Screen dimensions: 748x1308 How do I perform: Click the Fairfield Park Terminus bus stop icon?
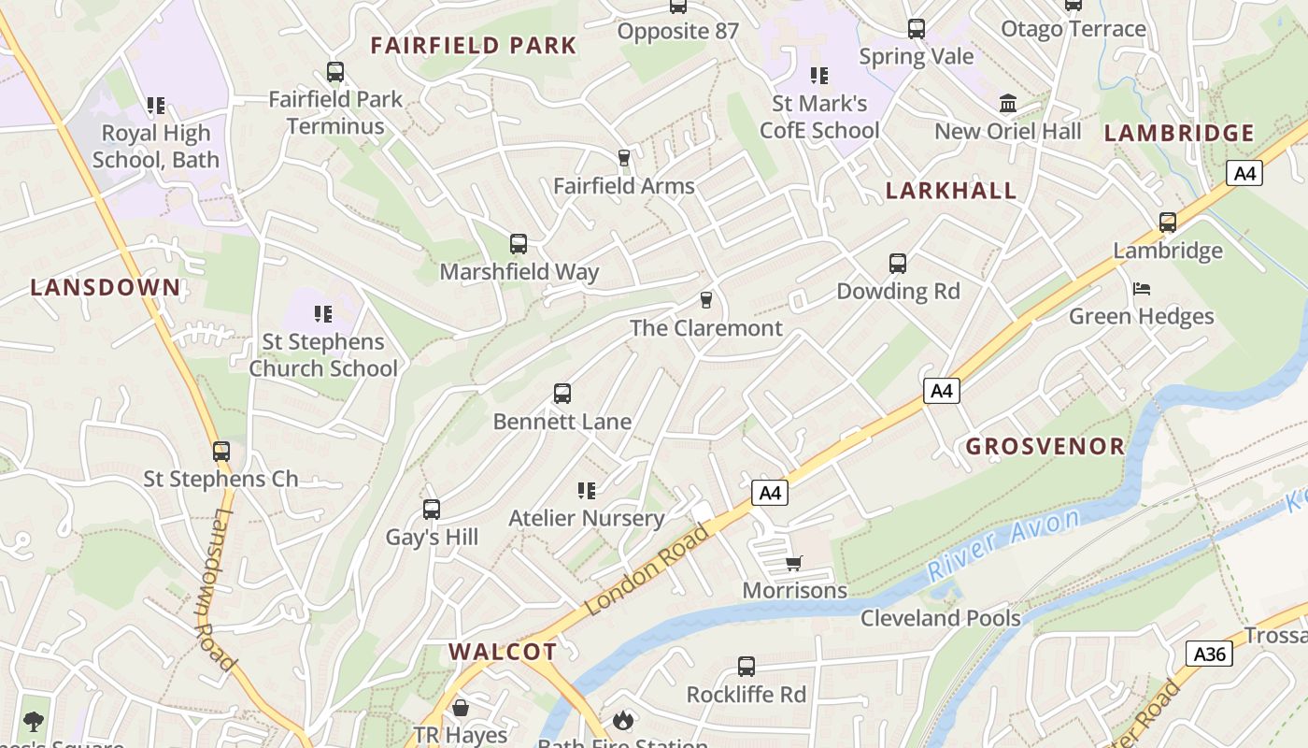click(334, 72)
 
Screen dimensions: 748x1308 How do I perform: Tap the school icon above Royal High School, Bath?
click(156, 106)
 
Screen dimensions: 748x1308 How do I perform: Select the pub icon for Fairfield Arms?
click(624, 158)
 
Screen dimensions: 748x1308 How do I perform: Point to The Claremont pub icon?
click(706, 300)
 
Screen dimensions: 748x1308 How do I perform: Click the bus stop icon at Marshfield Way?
click(519, 244)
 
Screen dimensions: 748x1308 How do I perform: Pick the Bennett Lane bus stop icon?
click(562, 394)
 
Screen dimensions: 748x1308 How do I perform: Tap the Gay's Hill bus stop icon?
click(432, 510)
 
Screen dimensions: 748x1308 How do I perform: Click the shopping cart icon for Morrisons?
click(794, 563)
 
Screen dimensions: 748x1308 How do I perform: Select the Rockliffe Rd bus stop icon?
click(746, 667)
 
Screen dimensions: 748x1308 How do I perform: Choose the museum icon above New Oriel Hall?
click(1008, 103)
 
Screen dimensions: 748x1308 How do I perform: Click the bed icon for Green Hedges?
click(1142, 289)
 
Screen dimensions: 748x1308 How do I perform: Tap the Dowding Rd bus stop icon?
click(898, 264)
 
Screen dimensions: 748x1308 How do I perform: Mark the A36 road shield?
click(1210, 654)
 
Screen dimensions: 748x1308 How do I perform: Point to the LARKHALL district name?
click(951, 191)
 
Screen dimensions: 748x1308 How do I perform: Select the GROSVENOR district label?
click(1045, 446)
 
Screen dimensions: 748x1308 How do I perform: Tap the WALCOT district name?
click(503, 652)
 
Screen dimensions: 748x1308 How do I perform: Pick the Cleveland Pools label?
click(941, 618)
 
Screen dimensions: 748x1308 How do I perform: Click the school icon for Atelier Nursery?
click(587, 490)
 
